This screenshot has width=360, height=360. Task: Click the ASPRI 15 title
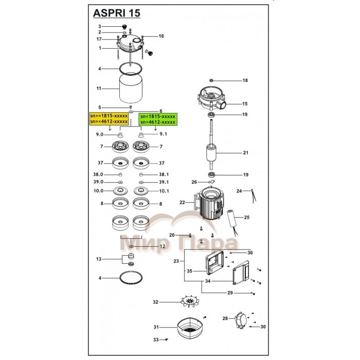pos(116,12)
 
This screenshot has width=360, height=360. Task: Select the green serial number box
pos(158,119)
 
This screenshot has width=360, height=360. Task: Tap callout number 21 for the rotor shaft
pos(245,153)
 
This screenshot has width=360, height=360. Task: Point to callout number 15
pos(245,104)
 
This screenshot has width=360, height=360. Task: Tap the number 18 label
pos(245,81)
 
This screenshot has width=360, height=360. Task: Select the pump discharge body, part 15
pos(212,100)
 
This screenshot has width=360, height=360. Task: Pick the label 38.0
pos(98,174)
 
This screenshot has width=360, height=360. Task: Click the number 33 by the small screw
pos(155,339)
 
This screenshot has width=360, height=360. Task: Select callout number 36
pos(250,253)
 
